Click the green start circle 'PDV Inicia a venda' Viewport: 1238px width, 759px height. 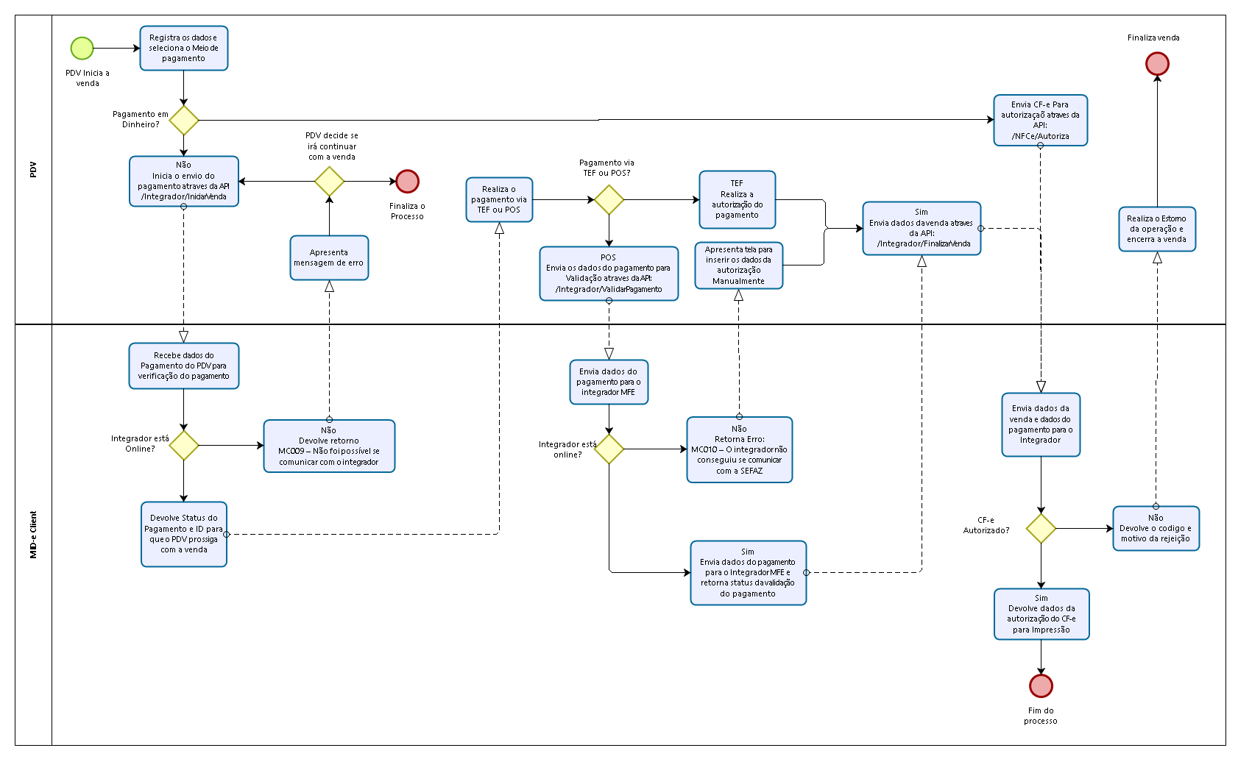point(82,49)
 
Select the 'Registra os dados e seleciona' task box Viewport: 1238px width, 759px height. point(184,49)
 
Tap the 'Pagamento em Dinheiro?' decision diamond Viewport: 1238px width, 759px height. point(184,120)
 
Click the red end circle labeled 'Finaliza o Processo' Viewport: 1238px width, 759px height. point(407,181)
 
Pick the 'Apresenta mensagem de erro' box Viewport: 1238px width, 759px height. point(329,257)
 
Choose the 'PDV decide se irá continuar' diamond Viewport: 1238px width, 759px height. point(329,181)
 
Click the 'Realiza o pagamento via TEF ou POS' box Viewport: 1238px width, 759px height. point(499,199)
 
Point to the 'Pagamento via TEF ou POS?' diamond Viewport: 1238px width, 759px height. point(609,199)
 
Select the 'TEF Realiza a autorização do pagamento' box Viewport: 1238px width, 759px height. point(737,199)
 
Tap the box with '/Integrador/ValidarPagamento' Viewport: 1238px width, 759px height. point(609,274)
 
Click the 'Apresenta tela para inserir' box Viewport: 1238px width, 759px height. point(739,266)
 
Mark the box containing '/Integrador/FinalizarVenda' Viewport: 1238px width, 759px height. point(922,228)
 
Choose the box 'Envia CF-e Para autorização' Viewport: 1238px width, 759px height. point(1040,120)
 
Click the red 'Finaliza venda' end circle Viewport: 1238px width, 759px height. point(1157,64)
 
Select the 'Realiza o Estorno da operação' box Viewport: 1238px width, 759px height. point(1157,229)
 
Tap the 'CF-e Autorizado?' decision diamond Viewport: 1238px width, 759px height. point(1041,528)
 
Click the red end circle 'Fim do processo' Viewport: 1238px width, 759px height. point(1041,685)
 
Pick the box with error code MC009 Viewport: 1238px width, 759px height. point(329,446)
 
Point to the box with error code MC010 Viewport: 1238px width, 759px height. point(739,449)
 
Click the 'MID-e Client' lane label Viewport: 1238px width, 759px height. point(33,535)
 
